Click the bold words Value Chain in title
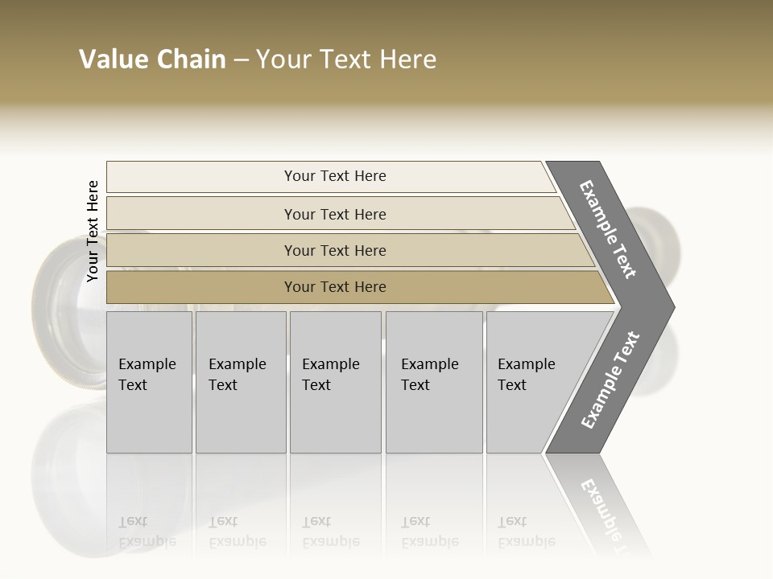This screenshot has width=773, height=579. [152, 60]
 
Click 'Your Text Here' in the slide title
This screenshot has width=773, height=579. [346, 60]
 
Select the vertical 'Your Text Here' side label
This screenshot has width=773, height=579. [93, 232]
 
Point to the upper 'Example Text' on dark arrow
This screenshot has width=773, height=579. [608, 229]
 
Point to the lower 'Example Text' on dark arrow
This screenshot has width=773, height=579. [610, 380]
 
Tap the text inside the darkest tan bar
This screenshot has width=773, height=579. [335, 287]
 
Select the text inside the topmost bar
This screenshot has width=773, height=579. [335, 176]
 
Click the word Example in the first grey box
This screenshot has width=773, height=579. [147, 364]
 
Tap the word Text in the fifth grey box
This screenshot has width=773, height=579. [511, 385]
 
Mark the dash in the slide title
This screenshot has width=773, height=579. [241, 60]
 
